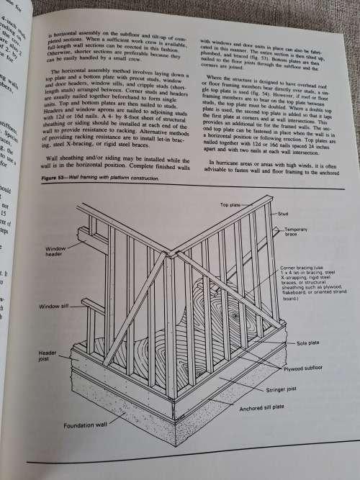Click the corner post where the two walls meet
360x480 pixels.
click(x=171, y=324)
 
